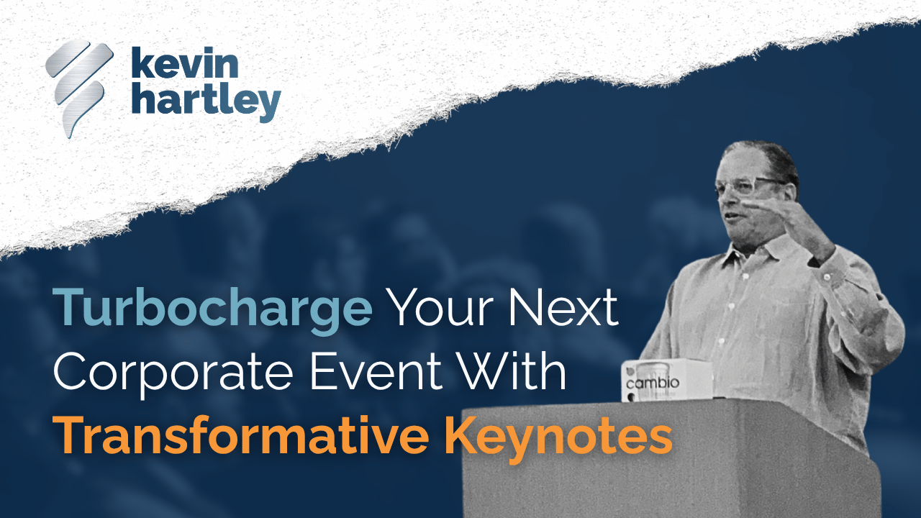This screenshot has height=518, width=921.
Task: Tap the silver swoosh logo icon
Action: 78,88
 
